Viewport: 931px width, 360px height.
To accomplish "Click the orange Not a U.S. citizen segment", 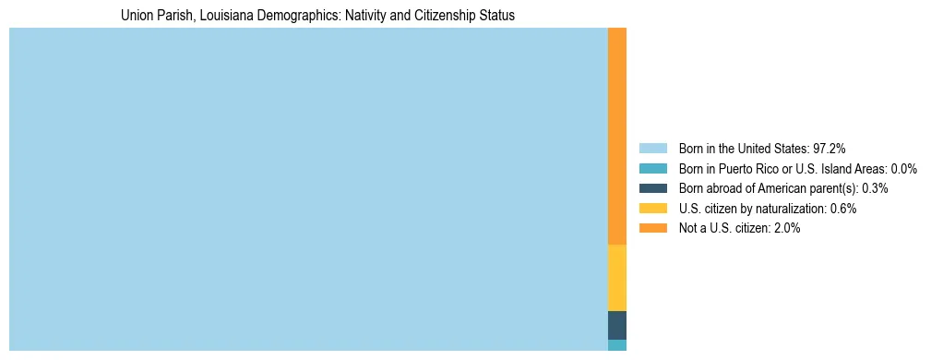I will tap(616, 136).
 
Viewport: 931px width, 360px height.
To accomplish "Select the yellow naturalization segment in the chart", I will tap(616, 278).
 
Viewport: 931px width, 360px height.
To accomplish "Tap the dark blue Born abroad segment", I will tap(616, 325).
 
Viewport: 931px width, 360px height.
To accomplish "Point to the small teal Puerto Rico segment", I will tap(616, 345).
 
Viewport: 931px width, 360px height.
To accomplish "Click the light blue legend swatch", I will tap(652, 148).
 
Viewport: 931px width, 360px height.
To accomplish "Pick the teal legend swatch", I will tap(652, 168).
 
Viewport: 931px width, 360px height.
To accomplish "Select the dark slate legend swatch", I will tap(652, 188).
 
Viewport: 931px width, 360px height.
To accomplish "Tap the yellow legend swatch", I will tap(652, 209).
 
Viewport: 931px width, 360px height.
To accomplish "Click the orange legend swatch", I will tap(652, 229).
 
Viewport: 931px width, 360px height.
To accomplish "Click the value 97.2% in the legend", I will tap(829, 148).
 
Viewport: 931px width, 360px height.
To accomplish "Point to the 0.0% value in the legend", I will tap(904, 168).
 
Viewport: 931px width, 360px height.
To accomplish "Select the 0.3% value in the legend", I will tap(875, 188).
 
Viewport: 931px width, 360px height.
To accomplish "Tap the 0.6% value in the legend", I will tap(843, 209).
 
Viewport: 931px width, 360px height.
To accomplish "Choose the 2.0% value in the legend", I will tap(787, 229).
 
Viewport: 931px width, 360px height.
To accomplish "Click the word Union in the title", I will tap(137, 16).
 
